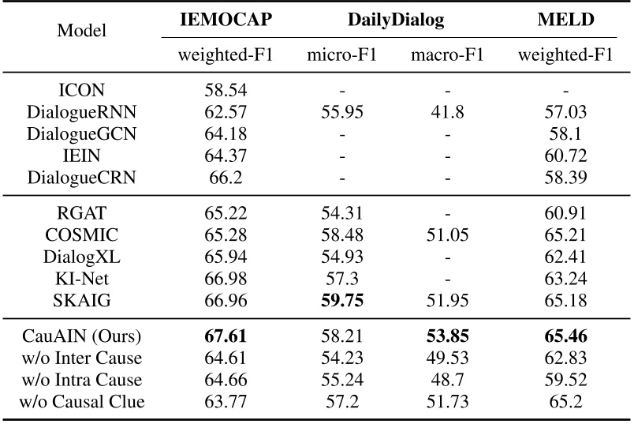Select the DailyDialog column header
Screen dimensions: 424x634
pyautogui.click(x=397, y=21)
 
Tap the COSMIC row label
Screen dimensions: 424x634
pyautogui.click(x=83, y=235)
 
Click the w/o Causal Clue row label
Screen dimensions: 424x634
pyautogui.click(x=83, y=402)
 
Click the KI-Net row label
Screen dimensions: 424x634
pyautogui.click(x=83, y=276)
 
